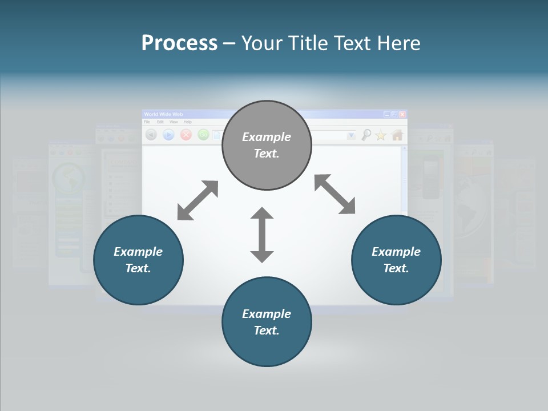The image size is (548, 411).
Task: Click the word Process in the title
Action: point(179,43)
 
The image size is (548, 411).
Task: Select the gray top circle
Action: point(267,145)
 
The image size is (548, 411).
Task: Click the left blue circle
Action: point(138,260)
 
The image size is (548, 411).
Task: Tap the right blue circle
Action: point(396,260)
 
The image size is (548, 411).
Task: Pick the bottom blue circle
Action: point(267,322)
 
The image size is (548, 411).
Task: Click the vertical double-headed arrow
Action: point(262,235)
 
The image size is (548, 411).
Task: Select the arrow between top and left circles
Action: point(198,200)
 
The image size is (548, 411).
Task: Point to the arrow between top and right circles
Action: point(335,195)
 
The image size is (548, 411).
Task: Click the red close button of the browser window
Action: point(402,114)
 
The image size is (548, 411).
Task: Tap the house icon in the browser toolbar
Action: point(397,135)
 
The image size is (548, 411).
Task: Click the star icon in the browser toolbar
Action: point(381,135)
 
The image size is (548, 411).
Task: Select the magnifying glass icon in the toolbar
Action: point(366,135)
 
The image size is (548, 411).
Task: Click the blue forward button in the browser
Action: point(168,135)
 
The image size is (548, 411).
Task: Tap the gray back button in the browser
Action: point(151,135)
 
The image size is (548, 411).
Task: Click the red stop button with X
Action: point(186,135)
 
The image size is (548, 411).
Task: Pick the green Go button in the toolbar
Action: point(203,135)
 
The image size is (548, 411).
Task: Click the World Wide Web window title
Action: point(164,114)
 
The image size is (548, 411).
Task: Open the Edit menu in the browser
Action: point(160,122)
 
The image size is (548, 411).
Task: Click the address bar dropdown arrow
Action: point(351,135)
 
